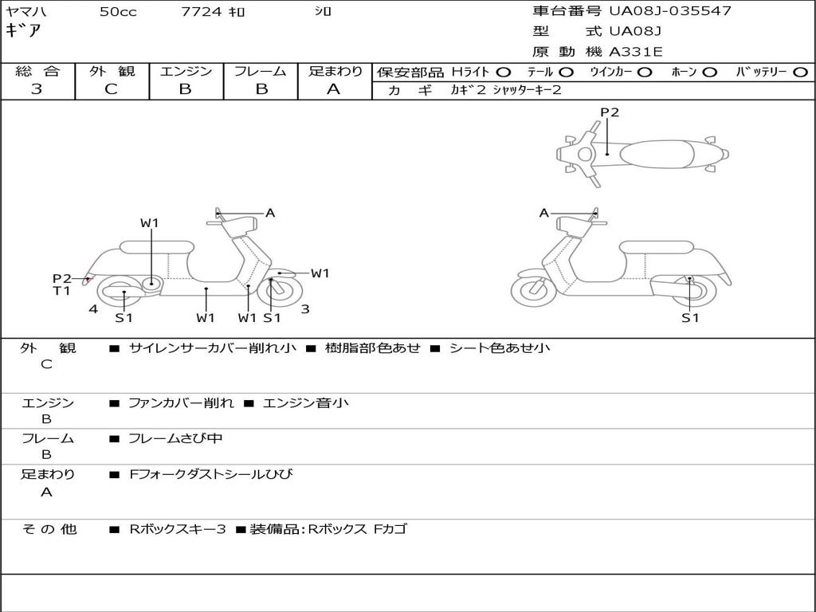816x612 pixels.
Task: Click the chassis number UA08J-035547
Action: click(x=670, y=11)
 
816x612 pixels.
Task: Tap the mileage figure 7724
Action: click(x=202, y=11)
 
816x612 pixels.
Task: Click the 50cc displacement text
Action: click(x=118, y=11)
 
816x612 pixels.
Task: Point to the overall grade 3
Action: click(x=37, y=89)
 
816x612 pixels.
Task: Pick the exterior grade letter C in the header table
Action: click(x=111, y=89)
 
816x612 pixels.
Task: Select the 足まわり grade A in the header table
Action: click(x=334, y=89)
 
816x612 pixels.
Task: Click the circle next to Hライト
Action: click(x=504, y=73)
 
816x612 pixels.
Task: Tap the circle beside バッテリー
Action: click(x=800, y=73)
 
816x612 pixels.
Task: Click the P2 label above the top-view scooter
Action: click(x=610, y=112)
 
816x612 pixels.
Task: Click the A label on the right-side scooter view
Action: click(x=543, y=213)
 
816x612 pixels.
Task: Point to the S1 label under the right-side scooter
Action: click(x=690, y=317)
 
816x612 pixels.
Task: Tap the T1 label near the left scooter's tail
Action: click(x=61, y=291)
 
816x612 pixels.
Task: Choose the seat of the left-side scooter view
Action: click(x=157, y=246)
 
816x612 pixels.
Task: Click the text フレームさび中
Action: click(x=175, y=439)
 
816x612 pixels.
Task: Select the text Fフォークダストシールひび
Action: click(x=210, y=474)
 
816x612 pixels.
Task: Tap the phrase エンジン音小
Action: click(x=305, y=402)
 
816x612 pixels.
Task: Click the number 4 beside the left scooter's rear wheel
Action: click(x=93, y=309)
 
